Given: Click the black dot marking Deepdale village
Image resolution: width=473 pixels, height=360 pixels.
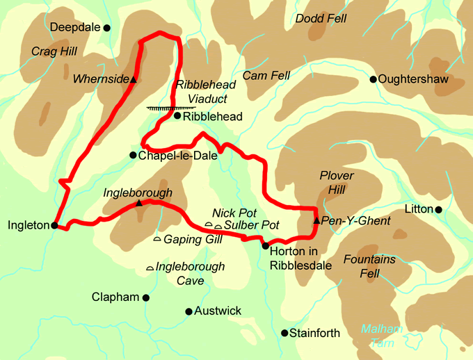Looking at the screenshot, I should click(107, 28).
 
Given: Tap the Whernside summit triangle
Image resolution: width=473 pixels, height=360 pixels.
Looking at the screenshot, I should click(134, 80).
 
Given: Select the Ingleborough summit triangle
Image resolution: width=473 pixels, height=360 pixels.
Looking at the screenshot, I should click(139, 203).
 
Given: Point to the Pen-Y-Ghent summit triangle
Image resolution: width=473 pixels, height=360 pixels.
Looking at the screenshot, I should click(317, 220).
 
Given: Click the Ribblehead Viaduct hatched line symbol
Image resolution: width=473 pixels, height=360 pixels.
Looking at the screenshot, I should click(171, 108).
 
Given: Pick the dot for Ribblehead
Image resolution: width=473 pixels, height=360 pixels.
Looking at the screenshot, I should click(177, 116).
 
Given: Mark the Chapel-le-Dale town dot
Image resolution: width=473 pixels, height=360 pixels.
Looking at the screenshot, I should click(133, 155).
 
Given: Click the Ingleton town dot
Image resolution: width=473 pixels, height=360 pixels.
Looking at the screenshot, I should click(54, 224).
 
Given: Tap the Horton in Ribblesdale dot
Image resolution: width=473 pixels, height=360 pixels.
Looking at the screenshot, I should click(265, 245).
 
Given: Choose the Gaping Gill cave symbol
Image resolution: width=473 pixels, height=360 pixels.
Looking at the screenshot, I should click(157, 239).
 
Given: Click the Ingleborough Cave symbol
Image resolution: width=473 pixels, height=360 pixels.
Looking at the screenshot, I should click(150, 268).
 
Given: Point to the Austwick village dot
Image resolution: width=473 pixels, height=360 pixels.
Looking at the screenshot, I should click(189, 311).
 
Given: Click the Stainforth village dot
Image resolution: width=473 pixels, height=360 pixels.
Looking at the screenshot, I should click(284, 333).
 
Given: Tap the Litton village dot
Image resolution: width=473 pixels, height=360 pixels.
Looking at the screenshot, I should click(439, 209).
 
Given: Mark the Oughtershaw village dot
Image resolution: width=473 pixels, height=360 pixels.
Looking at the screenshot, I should click(373, 79).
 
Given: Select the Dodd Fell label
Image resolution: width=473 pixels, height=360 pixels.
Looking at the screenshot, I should click(321, 19).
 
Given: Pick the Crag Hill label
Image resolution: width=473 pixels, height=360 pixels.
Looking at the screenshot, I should click(54, 51).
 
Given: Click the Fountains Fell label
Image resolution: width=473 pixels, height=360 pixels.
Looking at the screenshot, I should click(369, 266).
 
